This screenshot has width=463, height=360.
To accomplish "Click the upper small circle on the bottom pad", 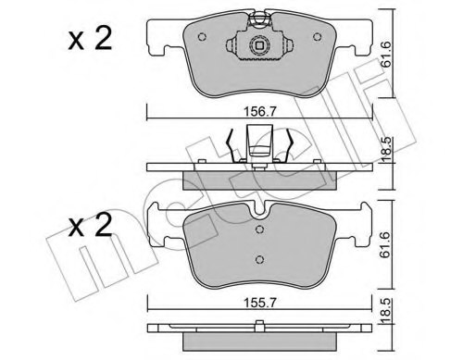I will tap(261, 233).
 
